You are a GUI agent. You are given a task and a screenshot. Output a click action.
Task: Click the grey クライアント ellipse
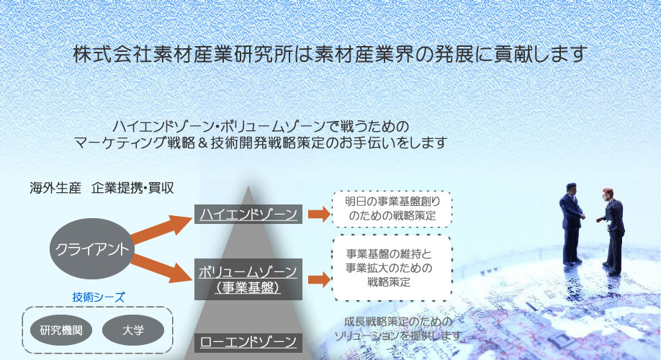click(92, 248)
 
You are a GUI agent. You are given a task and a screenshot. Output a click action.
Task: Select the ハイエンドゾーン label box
click(248, 214)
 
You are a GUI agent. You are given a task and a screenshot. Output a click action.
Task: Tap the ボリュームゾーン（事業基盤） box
click(248, 279)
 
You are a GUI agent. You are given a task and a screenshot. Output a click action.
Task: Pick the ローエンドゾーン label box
click(248, 342)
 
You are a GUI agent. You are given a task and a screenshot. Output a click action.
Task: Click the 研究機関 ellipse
click(61, 330)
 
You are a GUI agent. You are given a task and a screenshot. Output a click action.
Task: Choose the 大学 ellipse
click(133, 330)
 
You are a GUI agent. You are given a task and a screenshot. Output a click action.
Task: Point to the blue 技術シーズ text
click(98, 297)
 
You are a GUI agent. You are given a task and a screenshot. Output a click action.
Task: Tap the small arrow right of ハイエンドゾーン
click(319, 214)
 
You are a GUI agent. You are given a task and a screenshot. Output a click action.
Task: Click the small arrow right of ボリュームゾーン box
click(319, 279)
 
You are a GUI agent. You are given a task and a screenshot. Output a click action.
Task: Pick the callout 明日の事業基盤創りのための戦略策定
click(392, 209)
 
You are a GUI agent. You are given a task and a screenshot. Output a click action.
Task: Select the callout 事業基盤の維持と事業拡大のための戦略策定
click(392, 268)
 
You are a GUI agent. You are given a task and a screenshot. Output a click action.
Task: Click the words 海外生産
click(55, 188)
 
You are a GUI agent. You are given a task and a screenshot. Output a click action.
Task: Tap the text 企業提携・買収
click(132, 188)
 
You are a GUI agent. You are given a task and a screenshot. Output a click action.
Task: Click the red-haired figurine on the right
click(611, 231)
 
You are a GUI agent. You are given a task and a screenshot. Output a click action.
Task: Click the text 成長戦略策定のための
click(398, 322)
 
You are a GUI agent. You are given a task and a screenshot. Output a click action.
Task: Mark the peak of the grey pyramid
click(248, 186)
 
